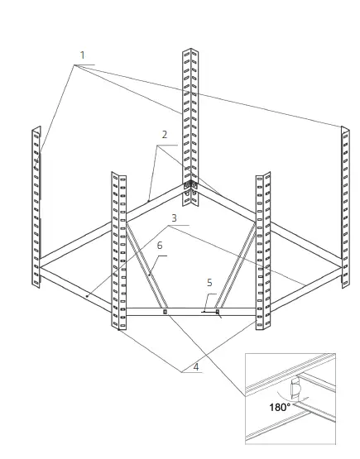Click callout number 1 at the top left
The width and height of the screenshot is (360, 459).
[82, 56]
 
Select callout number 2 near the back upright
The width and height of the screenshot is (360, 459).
[165, 134]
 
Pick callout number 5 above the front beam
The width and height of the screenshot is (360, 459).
[209, 283]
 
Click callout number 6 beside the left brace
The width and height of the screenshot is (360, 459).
[159, 246]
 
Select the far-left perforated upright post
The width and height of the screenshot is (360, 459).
[36, 207]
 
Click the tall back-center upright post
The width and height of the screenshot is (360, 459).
[187, 116]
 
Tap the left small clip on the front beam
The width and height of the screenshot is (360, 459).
[165, 313]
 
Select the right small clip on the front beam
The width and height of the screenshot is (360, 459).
[217, 313]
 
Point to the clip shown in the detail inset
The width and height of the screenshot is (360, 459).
[295, 389]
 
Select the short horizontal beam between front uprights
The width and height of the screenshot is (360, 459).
[190, 313]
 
